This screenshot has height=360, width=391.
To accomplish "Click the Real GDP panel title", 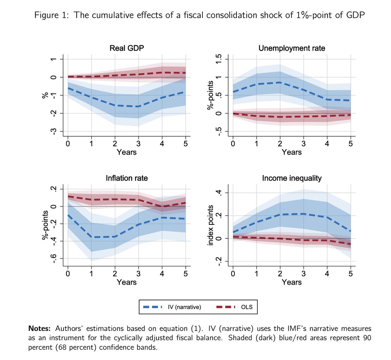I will pyautogui.click(x=126, y=48).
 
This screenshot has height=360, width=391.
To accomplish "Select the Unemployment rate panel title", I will pyautogui.click(x=292, y=48).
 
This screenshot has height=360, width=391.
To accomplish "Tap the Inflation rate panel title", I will pyautogui.click(x=126, y=178).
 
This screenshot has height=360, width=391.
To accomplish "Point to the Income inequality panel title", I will pyautogui.click(x=292, y=178).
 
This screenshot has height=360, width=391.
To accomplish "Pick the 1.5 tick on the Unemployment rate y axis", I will pyautogui.click(x=219, y=59).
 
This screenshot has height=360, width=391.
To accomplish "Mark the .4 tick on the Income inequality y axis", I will pyautogui.click(x=219, y=193).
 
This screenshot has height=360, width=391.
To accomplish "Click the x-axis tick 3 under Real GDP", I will pyautogui.click(x=138, y=143).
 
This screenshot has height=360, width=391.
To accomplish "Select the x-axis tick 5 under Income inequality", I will pyautogui.click(x=351, y=274).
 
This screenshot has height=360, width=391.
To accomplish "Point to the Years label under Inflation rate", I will pyautogui.click(x=126, y=282).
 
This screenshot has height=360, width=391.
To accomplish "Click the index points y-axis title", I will pyautogui.click(x=210, y=225).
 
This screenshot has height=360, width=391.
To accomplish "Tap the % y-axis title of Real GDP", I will pyautogui.click(x=45, y=95).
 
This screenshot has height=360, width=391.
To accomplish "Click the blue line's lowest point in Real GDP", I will pyautogui.click(x=138, y=106).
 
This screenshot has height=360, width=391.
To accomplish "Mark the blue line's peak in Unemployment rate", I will pyautogui.click(x=280, y=82).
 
